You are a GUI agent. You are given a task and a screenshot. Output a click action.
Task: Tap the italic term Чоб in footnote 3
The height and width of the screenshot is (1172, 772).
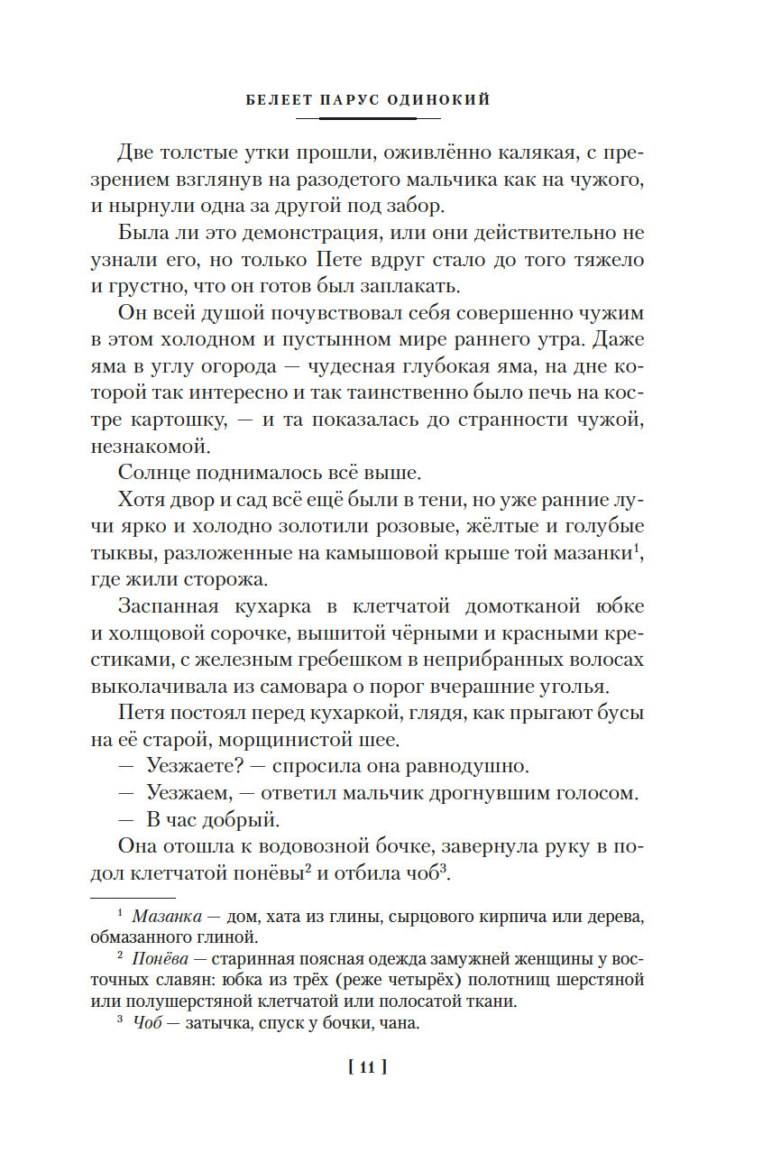pos(146,1023)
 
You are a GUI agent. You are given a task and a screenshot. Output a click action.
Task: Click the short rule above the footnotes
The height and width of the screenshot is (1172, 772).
pos(133,898)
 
